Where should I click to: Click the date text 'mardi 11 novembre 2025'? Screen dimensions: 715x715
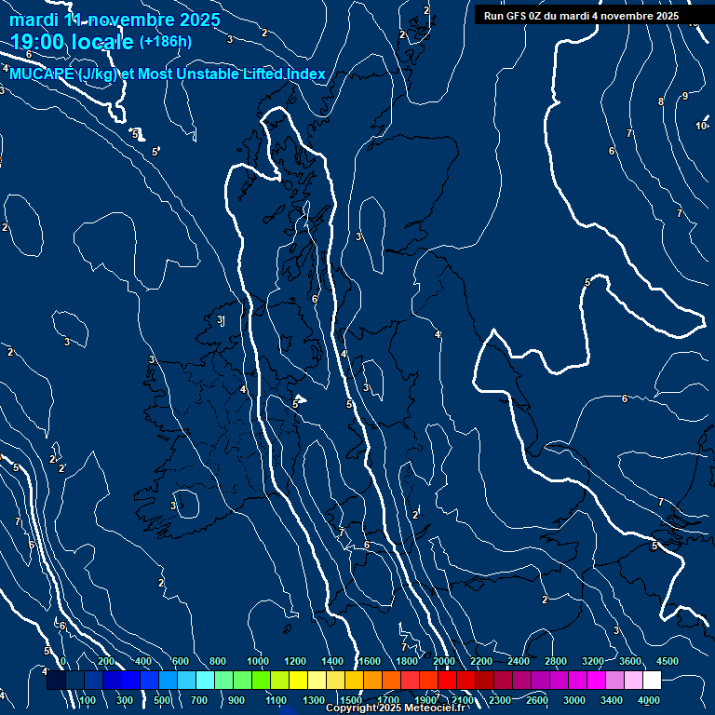click(115, 20)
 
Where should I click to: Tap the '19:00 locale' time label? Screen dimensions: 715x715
click(73, 41)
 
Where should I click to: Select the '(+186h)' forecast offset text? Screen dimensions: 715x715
click(166, 41)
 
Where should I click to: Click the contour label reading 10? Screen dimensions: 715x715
click(701, 126)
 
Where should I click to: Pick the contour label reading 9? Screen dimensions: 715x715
click(685, 96)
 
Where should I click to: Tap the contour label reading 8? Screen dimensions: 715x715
click(661, 101)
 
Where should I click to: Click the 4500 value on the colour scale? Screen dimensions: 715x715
click(667, 661)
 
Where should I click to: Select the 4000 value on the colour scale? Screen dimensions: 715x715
click(649, 700)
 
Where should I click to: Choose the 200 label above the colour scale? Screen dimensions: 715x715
click(106, 661)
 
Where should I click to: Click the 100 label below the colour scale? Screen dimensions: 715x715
click(88, 700)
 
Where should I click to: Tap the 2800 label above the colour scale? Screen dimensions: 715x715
click(555, 661)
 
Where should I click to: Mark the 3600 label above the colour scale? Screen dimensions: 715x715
click(629, 661)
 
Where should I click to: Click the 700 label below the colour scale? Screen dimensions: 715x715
click(199, 700)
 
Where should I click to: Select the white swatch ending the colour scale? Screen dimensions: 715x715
click(652, 681)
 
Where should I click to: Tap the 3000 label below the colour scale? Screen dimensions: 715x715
click(574, 700)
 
